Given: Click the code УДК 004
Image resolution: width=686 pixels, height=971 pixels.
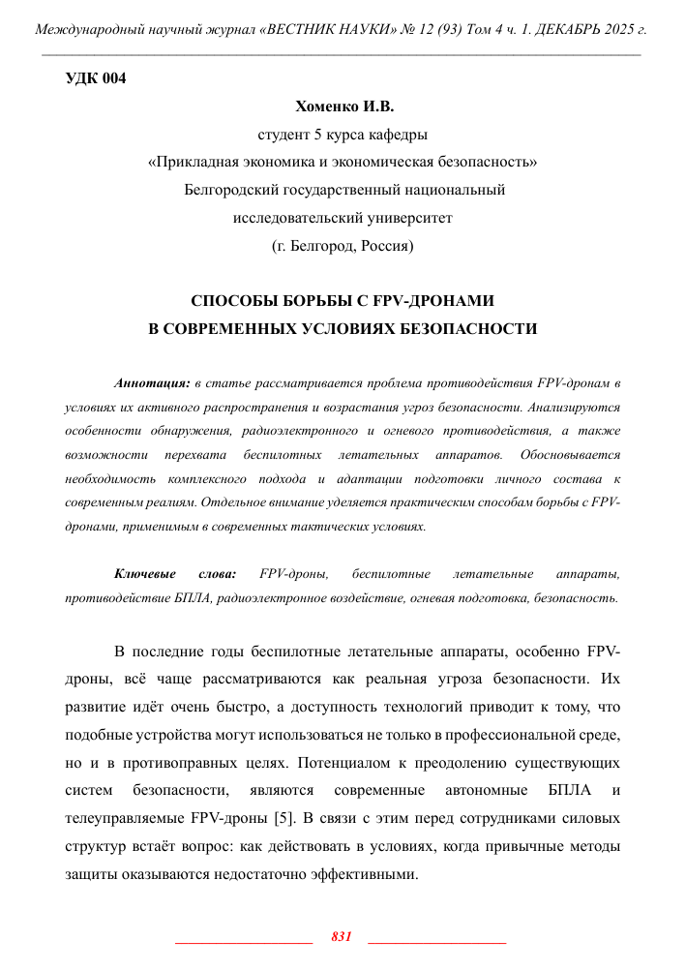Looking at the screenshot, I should point(95,78).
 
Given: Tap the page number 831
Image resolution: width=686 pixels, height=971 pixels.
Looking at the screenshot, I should point(341,937).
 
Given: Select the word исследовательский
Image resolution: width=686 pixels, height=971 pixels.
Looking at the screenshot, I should point(294,218).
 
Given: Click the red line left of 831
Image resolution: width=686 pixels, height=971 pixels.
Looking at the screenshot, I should point(243,941).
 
